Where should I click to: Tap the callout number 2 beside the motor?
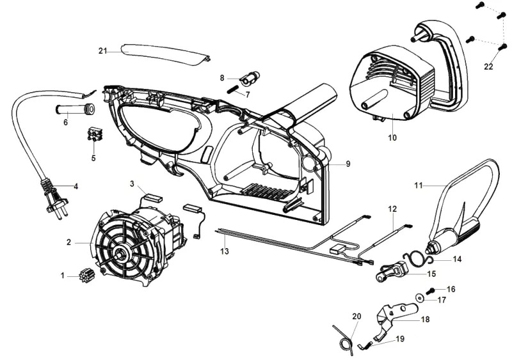68,242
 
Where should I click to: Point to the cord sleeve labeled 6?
74,109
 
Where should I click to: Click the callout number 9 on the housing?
348,164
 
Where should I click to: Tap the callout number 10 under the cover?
392,137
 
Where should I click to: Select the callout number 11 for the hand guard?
419,185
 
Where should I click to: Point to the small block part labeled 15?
392,272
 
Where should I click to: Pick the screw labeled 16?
431,290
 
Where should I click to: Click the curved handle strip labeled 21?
165,56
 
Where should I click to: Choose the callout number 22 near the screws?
488,67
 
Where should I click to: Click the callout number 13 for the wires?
225,251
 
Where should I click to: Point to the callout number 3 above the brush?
132,184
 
